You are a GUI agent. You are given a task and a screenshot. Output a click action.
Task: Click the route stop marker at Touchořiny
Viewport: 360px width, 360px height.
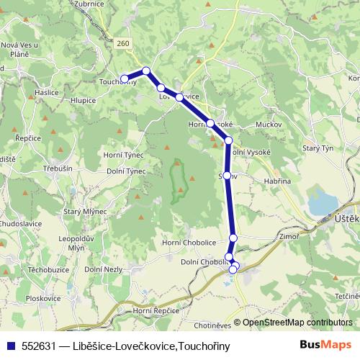pos(125,78)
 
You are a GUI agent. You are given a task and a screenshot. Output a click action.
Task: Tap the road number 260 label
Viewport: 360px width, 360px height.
pos(123,45)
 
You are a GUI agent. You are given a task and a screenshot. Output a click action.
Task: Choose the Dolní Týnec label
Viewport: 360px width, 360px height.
pos(126,171)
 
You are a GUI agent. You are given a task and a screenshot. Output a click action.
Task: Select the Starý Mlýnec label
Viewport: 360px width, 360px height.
pos(86,211)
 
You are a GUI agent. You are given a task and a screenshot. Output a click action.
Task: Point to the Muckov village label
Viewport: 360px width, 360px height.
pos(268,125)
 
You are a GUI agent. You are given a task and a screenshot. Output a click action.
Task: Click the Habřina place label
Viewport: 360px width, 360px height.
pos(276,181)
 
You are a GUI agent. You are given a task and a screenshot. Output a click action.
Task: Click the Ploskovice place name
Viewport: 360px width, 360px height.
pos(43,297)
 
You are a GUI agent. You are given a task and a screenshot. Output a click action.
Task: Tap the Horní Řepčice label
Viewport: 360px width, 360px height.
pos(156,310)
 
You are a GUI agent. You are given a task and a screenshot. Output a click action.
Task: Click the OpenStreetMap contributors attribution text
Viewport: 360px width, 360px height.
pos(297,323)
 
